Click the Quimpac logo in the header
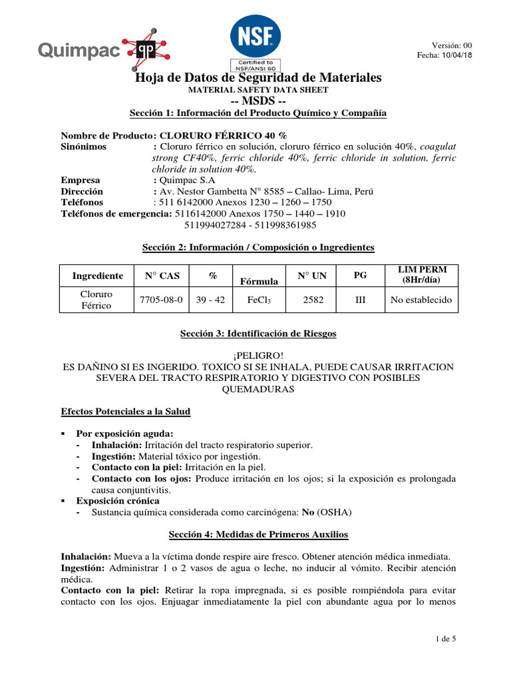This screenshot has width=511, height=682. pyautogui.click(x=103, y=49)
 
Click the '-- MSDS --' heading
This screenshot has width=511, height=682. pyautogui.click(x=258, y=101)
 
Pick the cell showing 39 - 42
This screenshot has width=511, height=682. pyautogui.click(x=211, y=300)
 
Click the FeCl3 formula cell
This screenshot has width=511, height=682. pyautogui.click(x=259, y=300)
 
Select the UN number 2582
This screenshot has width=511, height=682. pyautogui.click(x=313, y=300)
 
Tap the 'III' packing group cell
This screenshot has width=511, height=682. pyautogui.click(x=361, y=300)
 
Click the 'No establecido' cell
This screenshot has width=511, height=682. pyautogui.click(x=421, y=300)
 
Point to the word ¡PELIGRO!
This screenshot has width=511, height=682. pyautogui.click(x=258, y=355)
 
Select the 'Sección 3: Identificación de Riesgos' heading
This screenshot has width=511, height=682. pyautogui.click(x=259, y=332)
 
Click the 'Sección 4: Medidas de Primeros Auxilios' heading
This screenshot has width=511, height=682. pyautogui.click(x=258, y=535)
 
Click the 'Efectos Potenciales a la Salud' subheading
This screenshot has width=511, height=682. pyautogui.click(x=126, y=412)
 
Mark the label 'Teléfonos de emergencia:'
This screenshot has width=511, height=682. pyautogui.click(x=116, y=213)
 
